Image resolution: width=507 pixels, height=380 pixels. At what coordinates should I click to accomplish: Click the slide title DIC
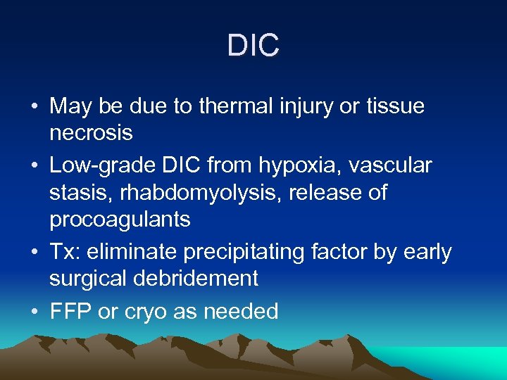tap(254, 46)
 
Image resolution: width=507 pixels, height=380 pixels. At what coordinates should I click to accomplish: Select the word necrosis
tap(92, 133)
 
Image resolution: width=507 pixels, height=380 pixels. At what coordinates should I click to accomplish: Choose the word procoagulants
tap(120, 220)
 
